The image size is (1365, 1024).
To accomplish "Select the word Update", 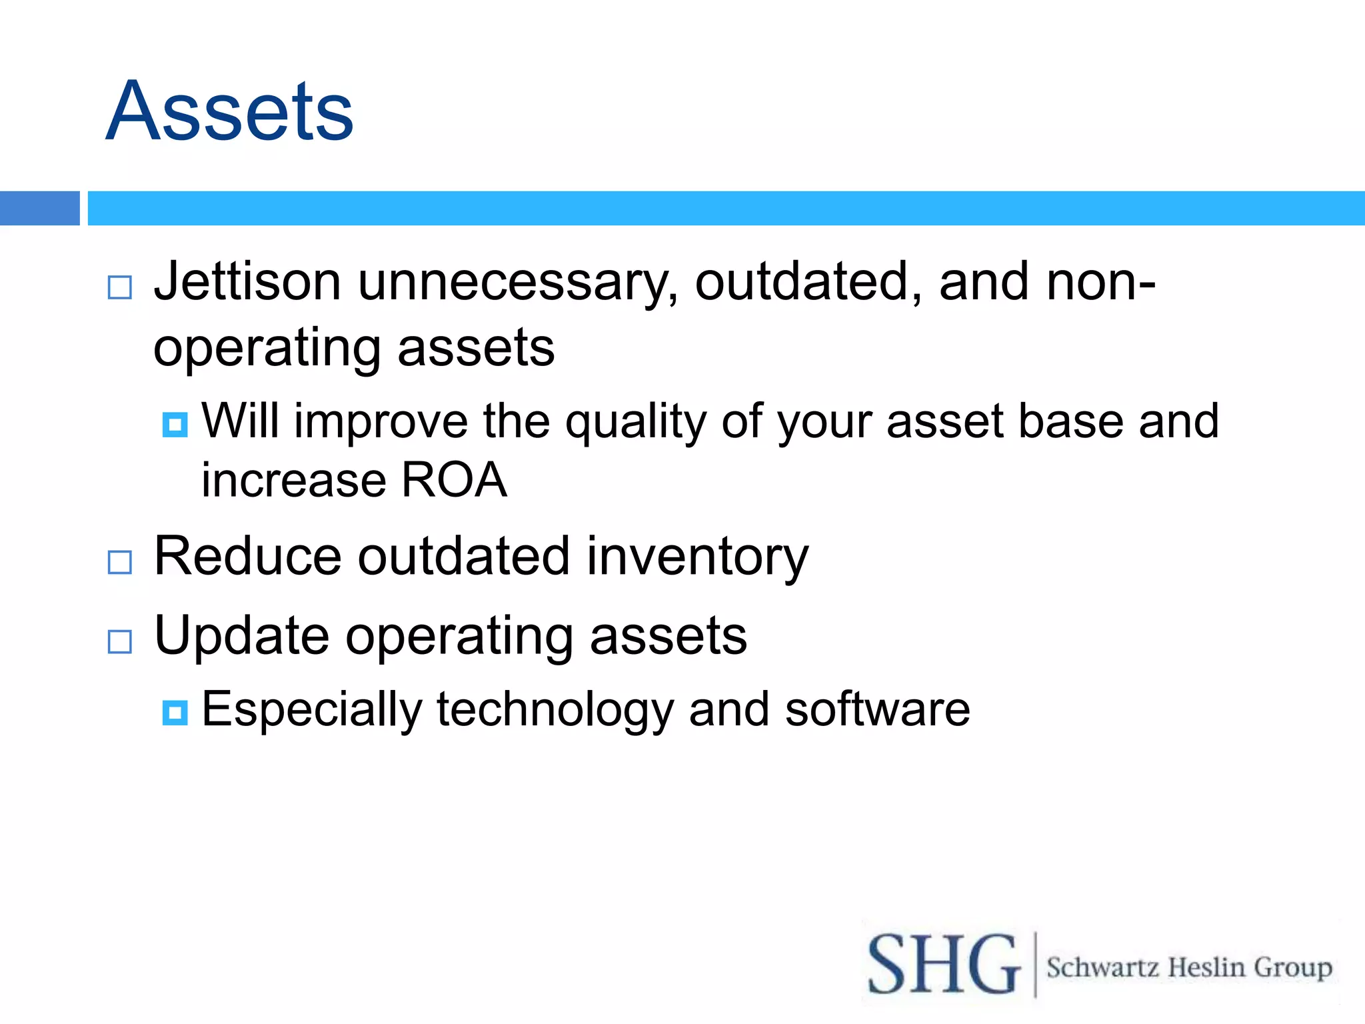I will click(241, 636).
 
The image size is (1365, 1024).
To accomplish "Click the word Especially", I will click(311, 709).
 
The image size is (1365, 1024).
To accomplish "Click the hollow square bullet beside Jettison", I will click(120, 287).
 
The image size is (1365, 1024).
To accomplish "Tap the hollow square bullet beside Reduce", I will click(120, 562).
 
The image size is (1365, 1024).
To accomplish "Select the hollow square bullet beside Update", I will click(120, 641).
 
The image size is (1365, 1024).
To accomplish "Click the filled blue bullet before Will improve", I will click(175, 425).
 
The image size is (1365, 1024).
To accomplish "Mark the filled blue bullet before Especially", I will click(175, 713).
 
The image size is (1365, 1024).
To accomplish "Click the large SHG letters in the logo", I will click(942, 964).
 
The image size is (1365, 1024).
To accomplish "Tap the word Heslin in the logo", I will click(1206, 967).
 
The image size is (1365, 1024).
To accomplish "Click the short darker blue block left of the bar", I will click(39, 208).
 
